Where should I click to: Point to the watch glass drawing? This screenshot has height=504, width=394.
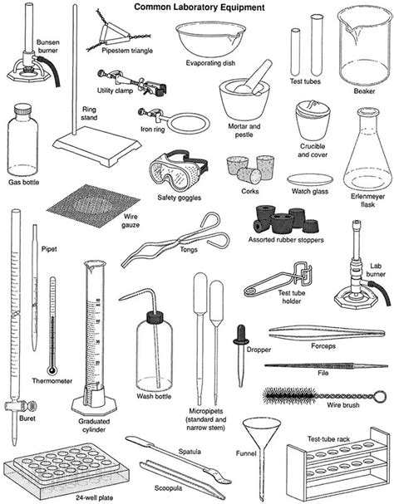pyautogui.click(x=311, y=179)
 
